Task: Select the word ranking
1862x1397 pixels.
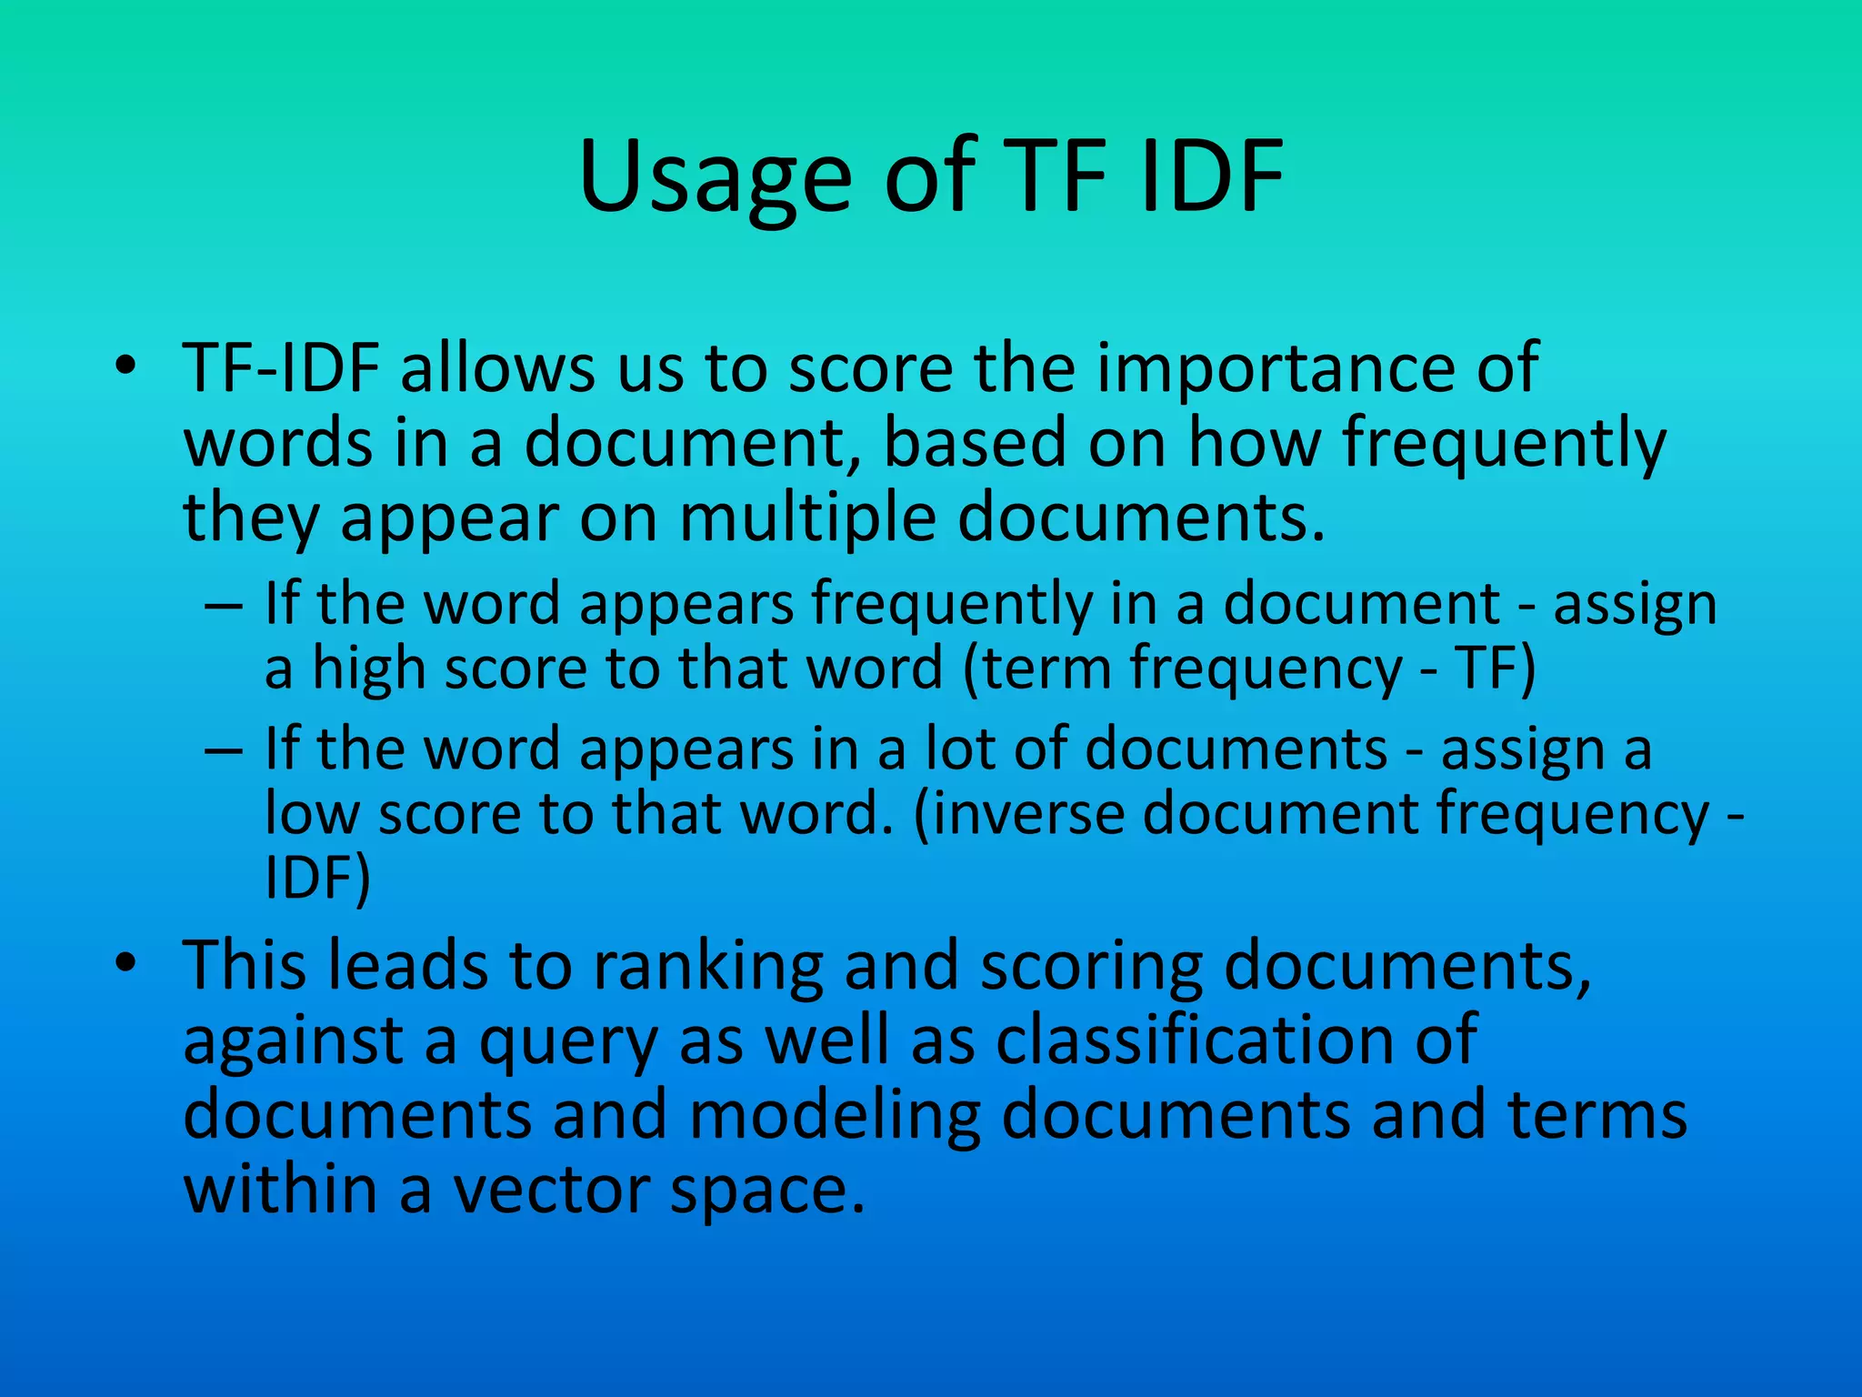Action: point(708,966)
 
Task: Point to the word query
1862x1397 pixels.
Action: point(568,1041)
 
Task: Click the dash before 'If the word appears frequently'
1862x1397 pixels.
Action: point(224,605)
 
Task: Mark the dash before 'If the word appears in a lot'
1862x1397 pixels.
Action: point(224,750)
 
